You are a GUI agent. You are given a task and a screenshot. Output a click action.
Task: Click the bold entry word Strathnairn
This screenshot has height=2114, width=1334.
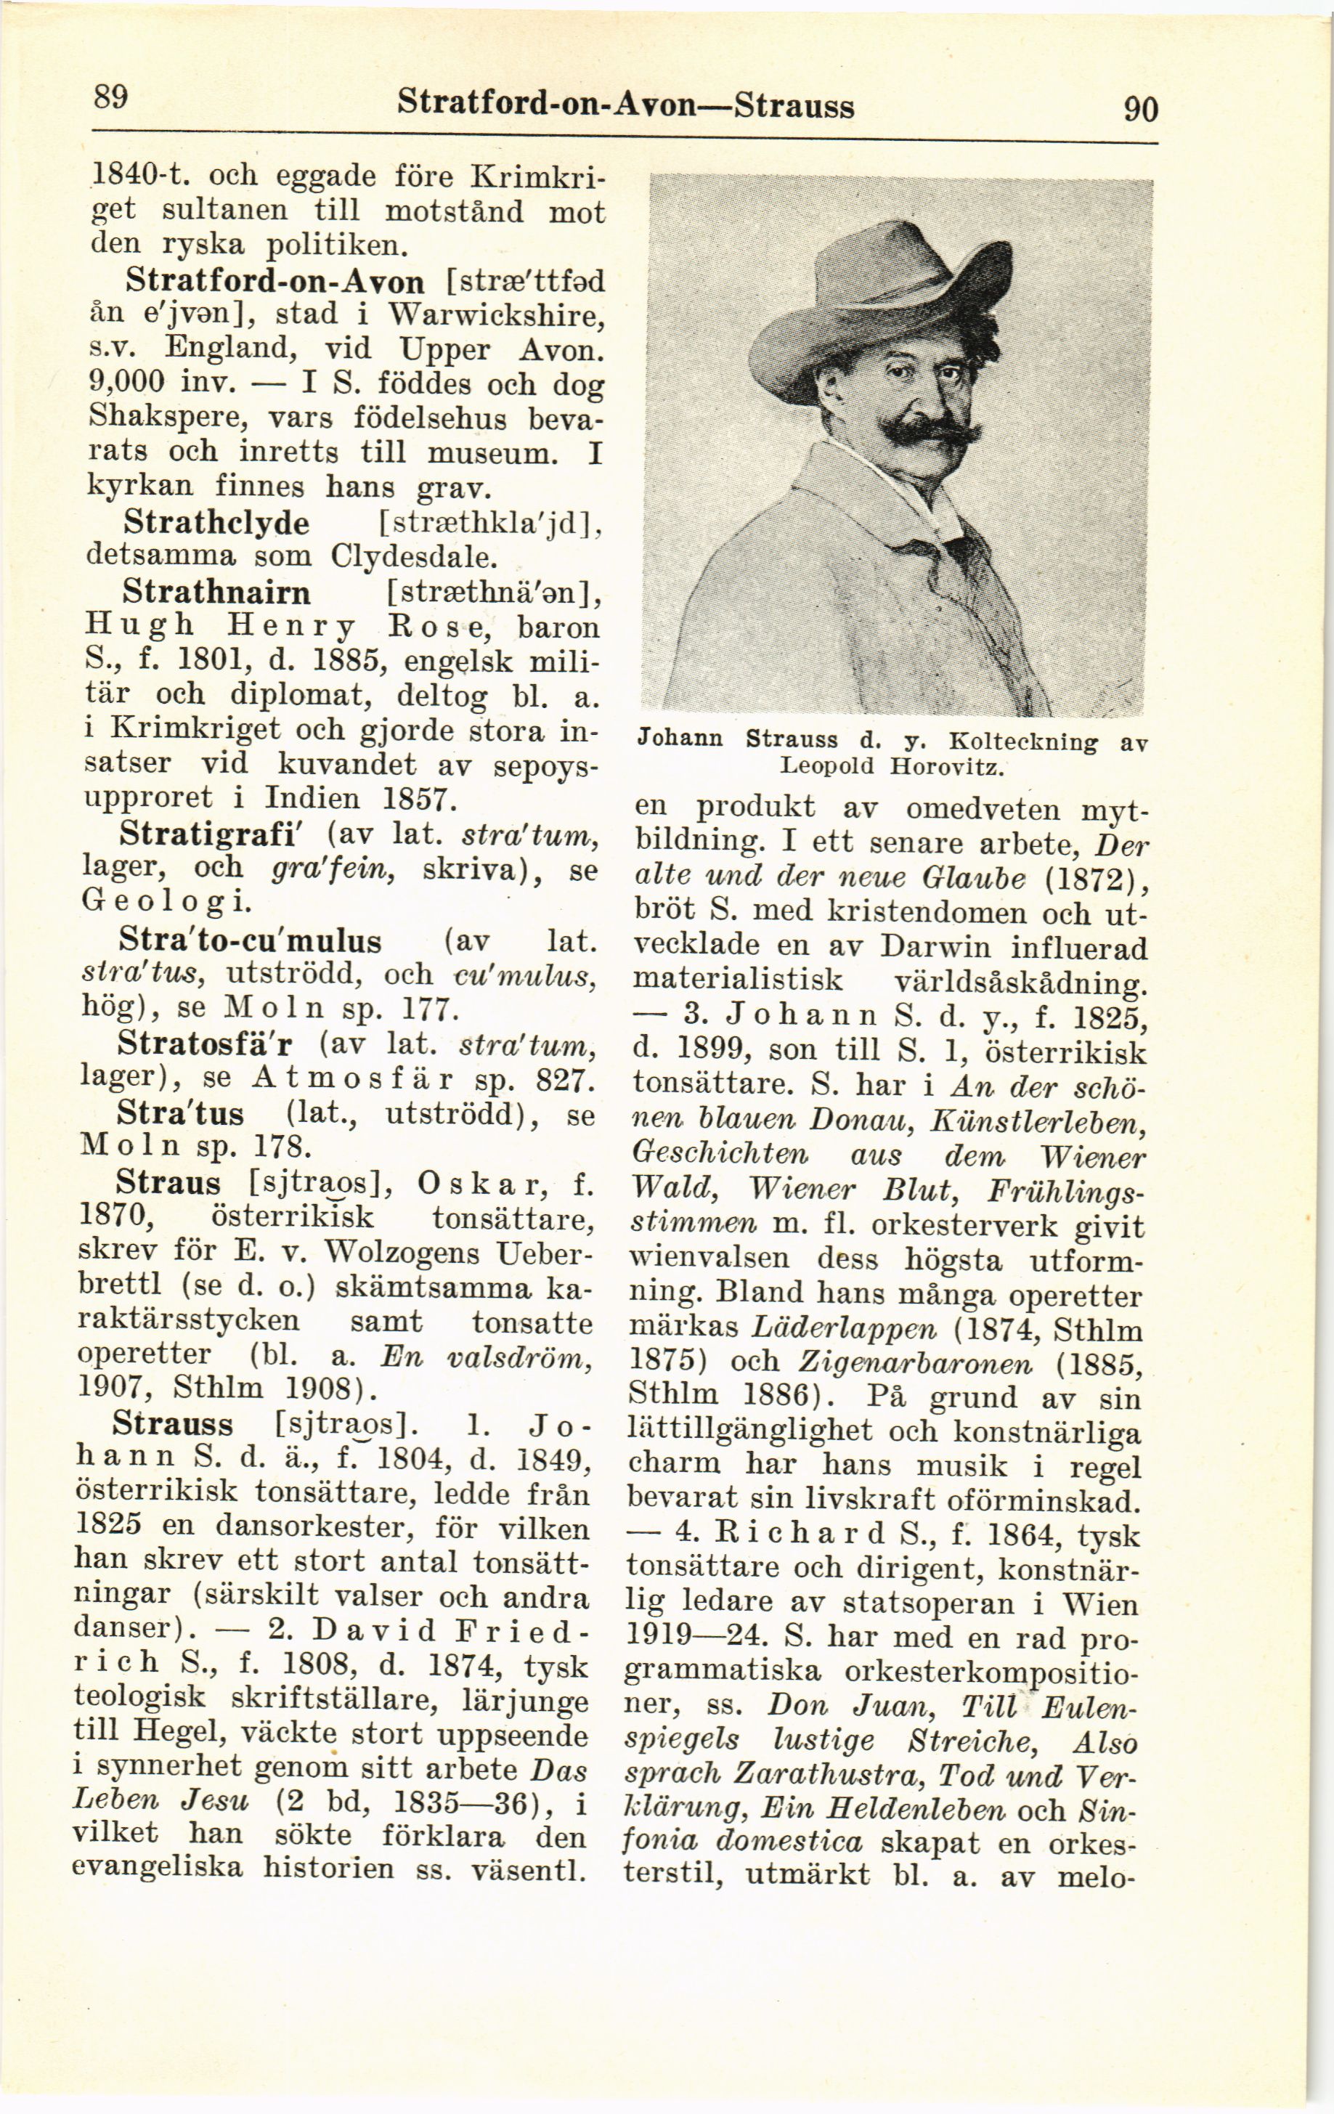tap(217, 593)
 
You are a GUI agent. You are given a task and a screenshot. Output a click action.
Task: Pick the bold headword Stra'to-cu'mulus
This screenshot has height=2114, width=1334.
tap(249, 941)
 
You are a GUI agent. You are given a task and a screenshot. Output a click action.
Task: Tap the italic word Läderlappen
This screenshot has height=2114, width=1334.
tap(845, 1328)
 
